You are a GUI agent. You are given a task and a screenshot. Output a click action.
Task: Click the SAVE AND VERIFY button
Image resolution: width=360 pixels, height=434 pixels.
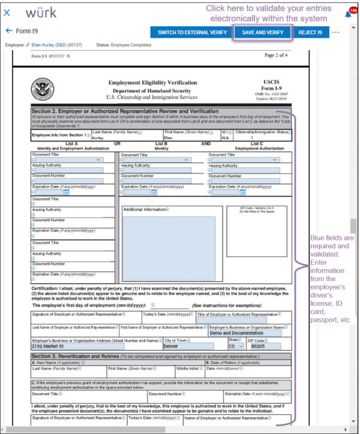click(x=263, y=32)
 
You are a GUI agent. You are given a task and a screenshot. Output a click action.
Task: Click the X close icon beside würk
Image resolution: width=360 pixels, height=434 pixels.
click(x=7, y=13)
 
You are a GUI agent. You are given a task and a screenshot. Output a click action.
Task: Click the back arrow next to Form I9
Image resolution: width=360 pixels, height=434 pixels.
click(x=8, y=31)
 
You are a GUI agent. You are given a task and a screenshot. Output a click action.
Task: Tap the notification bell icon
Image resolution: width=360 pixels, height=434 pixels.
click(x=348, y=13)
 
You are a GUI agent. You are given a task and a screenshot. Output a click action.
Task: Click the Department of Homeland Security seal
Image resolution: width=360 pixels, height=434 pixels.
click(x=44, y=91)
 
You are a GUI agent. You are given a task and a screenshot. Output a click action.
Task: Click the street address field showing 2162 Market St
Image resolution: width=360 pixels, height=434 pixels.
click(x=96, y=346)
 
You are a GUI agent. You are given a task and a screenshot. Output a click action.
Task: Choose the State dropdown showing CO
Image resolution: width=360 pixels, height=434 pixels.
click(x=235, y=346)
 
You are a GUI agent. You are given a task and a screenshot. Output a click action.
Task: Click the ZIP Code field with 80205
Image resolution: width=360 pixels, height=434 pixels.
click(x=263, y=346)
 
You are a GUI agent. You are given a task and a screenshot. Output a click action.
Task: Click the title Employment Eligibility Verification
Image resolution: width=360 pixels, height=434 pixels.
click(x=152, y=82)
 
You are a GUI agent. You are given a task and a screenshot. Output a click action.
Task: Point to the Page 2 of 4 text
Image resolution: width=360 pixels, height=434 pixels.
click(x=277, y=55)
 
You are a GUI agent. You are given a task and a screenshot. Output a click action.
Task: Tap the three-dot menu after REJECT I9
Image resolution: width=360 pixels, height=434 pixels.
click(x=335, y=32)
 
